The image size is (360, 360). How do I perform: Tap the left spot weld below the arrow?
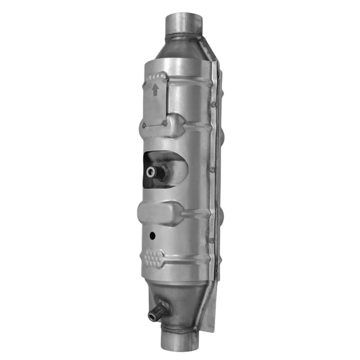coord(145,125)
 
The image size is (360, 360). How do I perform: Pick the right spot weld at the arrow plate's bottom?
coord(164,123)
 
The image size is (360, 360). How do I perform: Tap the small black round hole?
coord(152,236)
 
